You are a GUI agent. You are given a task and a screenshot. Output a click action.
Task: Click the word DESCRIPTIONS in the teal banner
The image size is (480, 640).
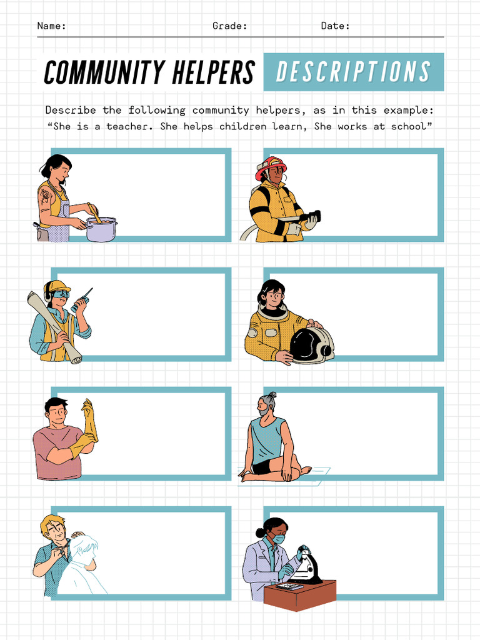tap(354, 72)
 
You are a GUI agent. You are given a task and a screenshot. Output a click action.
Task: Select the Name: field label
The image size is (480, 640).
tap(51, 26)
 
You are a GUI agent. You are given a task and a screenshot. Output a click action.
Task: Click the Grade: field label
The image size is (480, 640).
tap(229, 26)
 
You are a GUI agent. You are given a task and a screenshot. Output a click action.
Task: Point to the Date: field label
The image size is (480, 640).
tap(335, 26)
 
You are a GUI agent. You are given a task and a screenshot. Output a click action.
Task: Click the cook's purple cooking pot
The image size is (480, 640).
tap(101, 229)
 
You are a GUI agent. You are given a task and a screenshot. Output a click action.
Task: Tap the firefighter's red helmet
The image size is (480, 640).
tap(271, 166)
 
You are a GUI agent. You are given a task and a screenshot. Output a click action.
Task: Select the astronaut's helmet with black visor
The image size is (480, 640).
tap(311, 344)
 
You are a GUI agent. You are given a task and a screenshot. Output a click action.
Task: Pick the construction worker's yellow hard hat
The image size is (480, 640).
tap(57, 287)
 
